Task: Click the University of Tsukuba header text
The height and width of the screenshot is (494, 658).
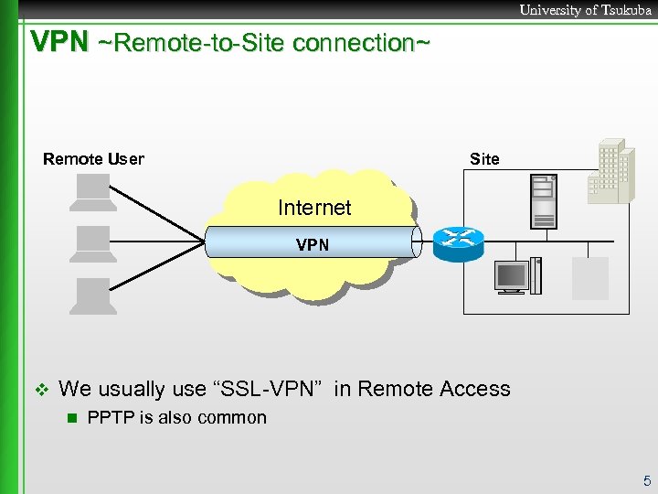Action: click(x=585, y=10)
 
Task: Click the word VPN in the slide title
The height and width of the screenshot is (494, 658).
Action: click(x=59, y=42)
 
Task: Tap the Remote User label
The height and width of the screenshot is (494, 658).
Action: click(x=93, y=159)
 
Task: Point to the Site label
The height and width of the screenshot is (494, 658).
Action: click(x=484, y=159)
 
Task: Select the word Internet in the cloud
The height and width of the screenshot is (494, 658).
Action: click(x=314, y=208)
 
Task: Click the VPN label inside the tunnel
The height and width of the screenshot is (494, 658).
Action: click(x=313, y=245)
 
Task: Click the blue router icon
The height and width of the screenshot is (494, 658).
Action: click(x=457, y=242)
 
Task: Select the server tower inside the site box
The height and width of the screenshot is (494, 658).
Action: click(x=544, y=201)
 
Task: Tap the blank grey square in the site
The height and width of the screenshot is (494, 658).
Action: click(x=589, y=277)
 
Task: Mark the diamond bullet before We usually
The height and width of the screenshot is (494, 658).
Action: click(x=38, y=390)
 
